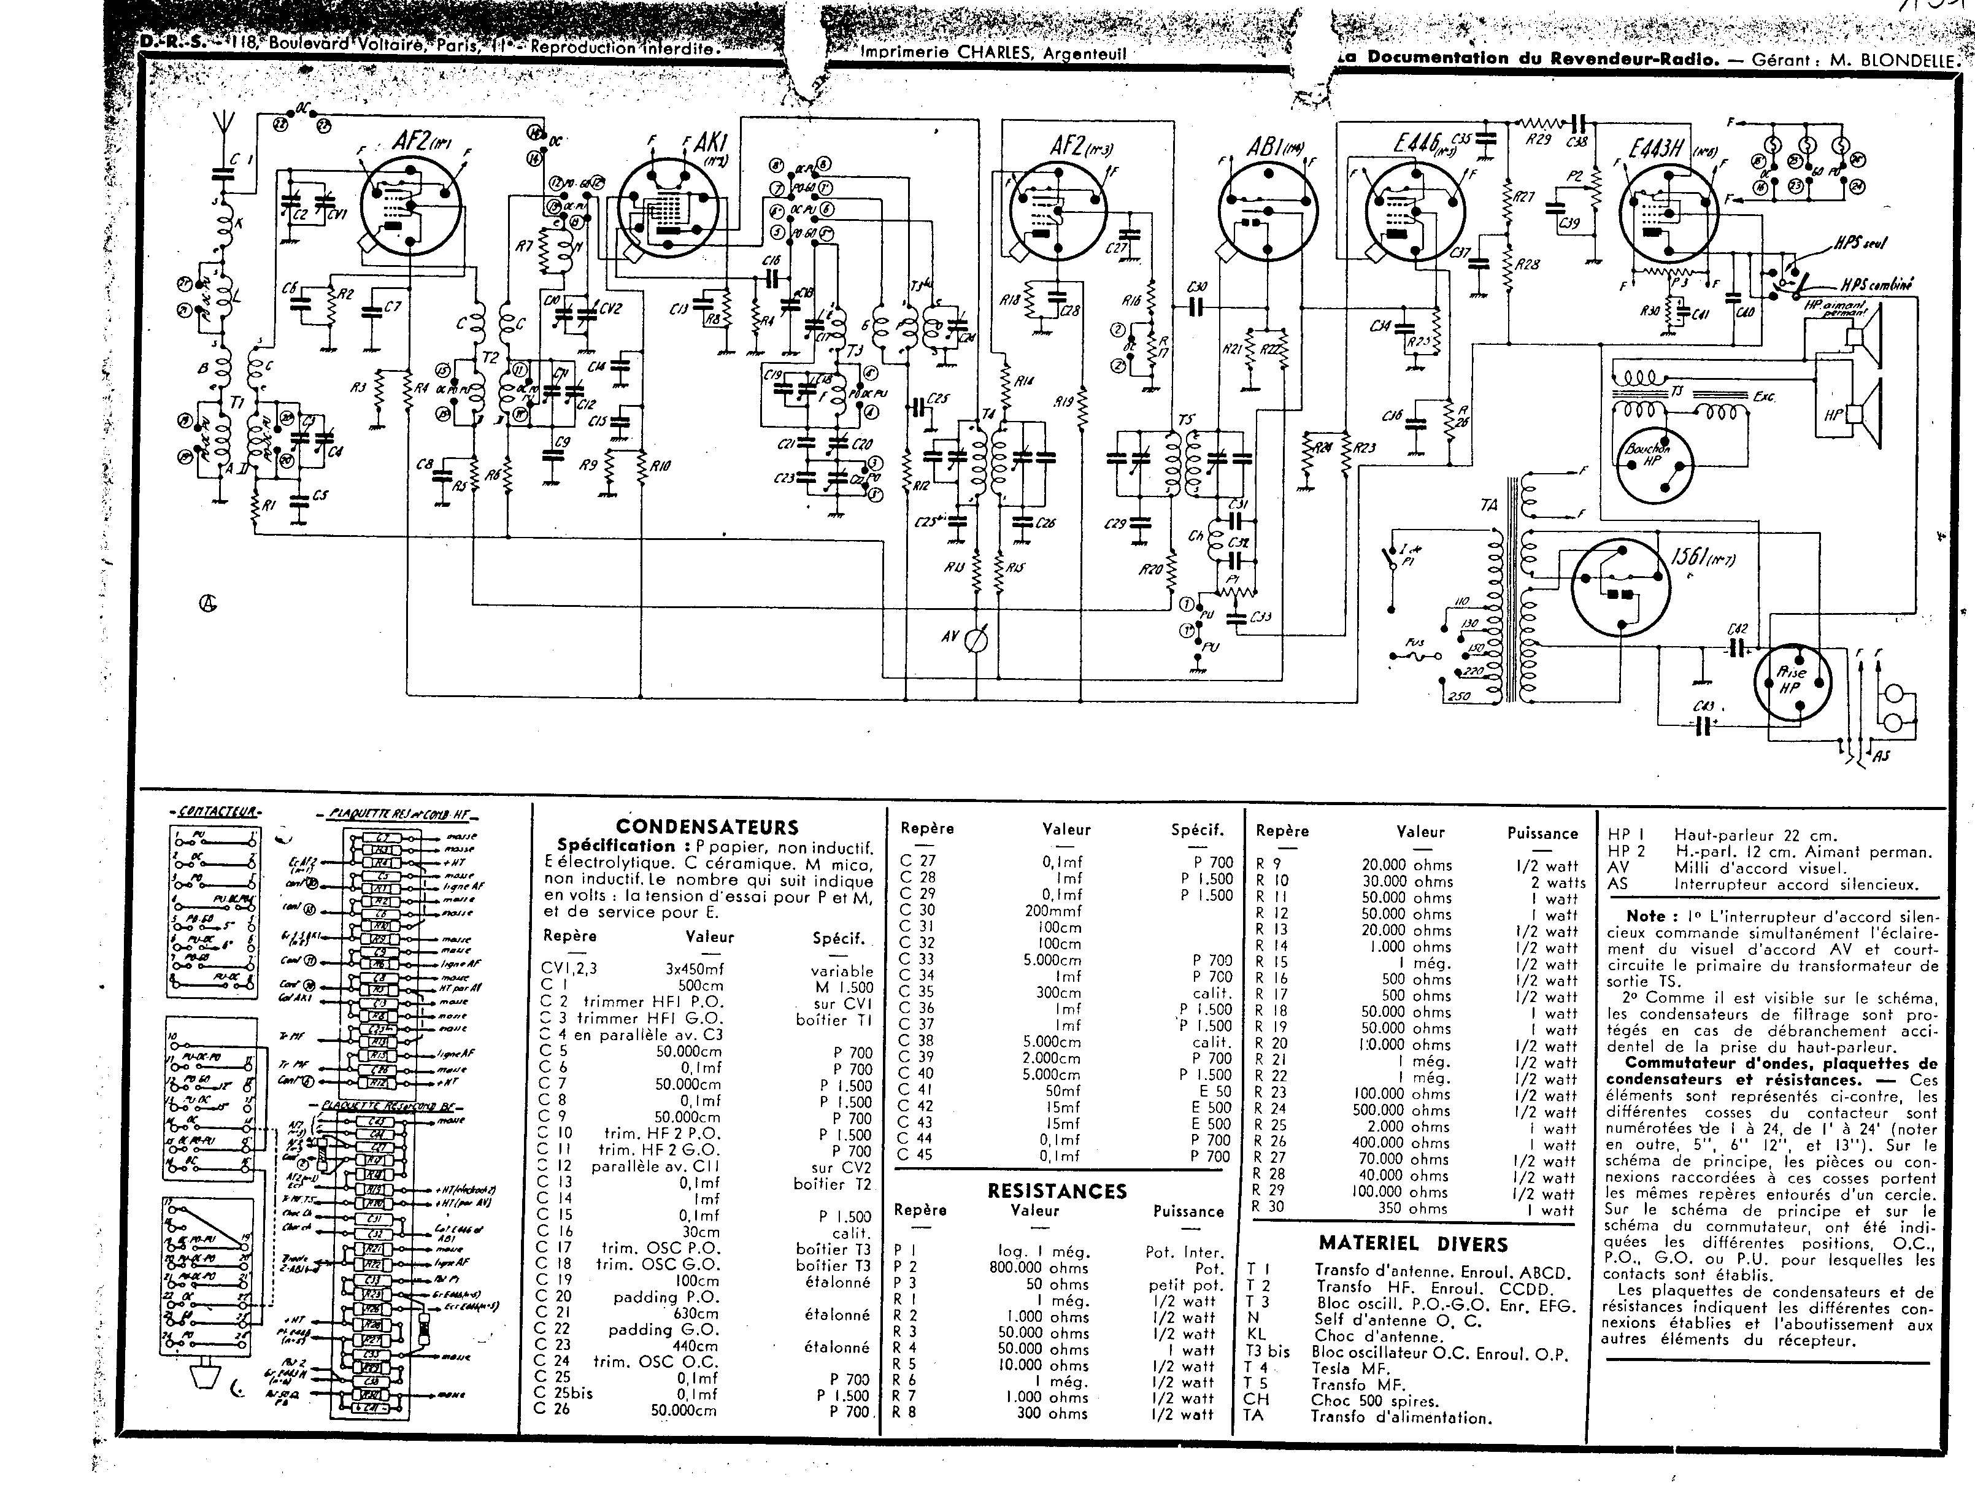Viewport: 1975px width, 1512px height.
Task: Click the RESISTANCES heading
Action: click(x=1057, y=1190)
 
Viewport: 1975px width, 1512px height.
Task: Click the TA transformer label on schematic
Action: click(x=1489, y=506)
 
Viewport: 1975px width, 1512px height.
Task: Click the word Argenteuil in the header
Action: click(x=1084, y=52)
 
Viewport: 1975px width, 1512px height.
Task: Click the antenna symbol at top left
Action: click(x=226, y=125)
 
